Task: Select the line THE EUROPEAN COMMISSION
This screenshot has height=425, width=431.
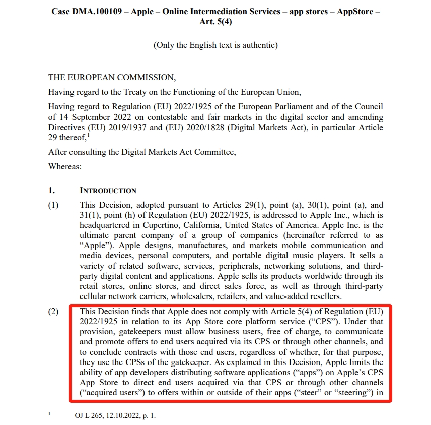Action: [x=112, y=78]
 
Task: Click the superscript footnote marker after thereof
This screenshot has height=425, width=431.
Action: [x=89, y=135]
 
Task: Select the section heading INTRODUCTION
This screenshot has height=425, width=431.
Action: [x=108, y=191]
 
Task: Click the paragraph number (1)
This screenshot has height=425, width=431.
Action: [x=53, y=205]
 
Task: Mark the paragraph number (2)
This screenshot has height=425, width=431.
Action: [x=53, y=311]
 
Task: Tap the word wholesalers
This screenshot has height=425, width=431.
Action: [x=209, y=296]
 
